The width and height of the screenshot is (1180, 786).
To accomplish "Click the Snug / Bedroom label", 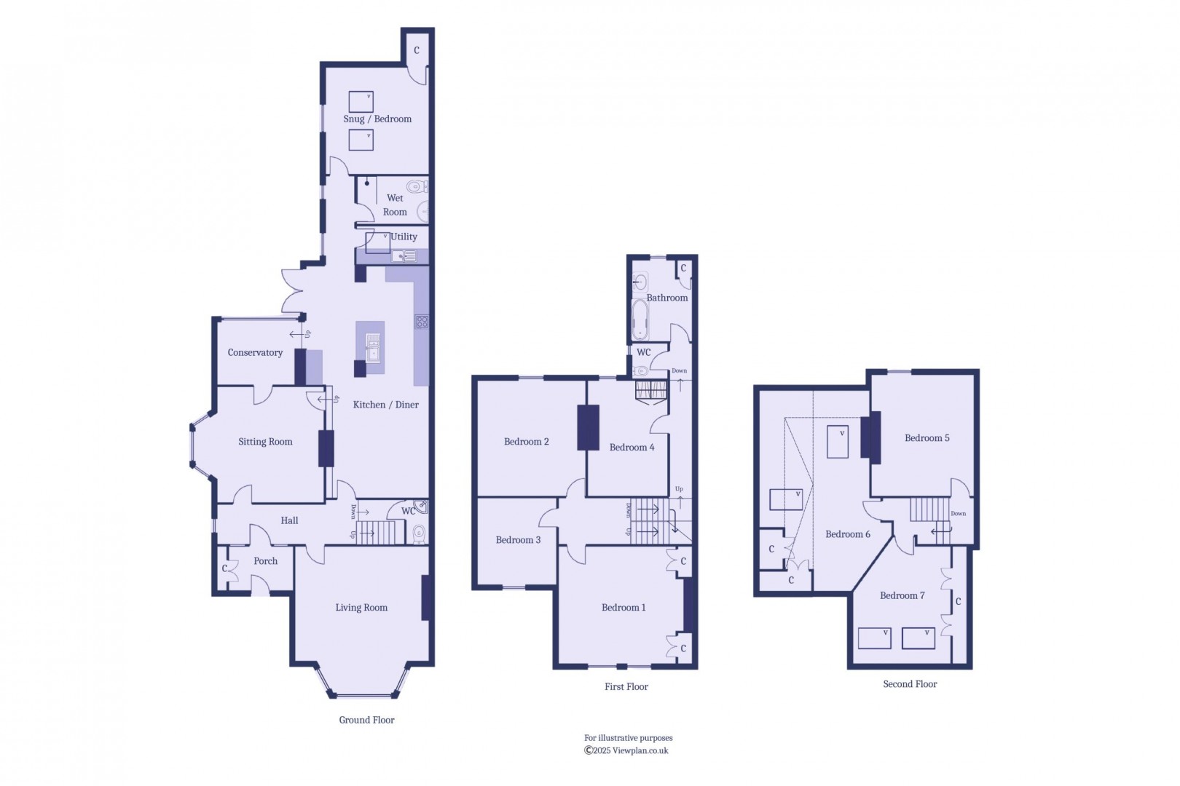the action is [377, 119].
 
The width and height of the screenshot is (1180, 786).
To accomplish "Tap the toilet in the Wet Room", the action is [417, 186].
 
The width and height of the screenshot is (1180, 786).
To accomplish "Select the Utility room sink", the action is [404, 256].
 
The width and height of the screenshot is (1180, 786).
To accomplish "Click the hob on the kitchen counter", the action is [422, 322].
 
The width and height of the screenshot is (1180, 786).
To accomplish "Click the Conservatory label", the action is [255, 353].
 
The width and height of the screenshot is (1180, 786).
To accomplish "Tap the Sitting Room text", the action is [265, 442].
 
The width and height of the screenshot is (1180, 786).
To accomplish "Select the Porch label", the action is [265, 561].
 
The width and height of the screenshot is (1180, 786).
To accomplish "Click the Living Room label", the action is [361, 608].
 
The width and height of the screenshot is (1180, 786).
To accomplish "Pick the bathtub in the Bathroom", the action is [640, 320].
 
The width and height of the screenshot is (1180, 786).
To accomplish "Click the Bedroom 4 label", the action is [632, 448].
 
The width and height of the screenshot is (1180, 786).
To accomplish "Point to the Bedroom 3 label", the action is [518, 540].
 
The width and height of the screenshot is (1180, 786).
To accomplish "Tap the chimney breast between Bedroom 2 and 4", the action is [588, 427].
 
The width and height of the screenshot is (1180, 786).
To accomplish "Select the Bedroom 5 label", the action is [927, 438].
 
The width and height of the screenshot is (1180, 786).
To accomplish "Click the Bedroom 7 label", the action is [902, 595].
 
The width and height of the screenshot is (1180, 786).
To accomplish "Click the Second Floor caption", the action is [910, 684].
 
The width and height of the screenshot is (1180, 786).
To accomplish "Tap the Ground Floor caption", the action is [366, 720].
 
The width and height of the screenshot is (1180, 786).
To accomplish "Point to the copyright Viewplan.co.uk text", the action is [626, 751].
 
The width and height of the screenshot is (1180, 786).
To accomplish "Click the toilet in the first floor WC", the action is [640, 370].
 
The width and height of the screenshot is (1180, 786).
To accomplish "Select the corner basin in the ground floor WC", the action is [421, 507].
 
